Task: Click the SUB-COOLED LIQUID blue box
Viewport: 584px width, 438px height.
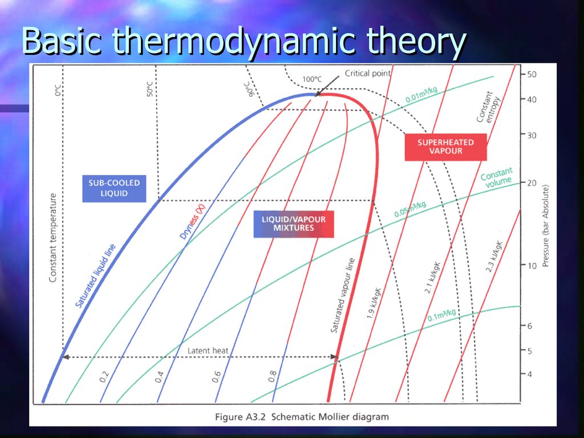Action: click(x=114, y=188)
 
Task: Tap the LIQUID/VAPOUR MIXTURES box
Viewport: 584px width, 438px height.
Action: click(x=294, y=223)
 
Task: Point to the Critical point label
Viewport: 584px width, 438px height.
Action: click(x=368, y=73)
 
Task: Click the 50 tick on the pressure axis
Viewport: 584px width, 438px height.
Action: click(x=531, y=74)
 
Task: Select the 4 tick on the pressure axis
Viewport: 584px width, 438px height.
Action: click(x=530, y=374)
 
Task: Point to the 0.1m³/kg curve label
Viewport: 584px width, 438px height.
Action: click(x=442, y=315)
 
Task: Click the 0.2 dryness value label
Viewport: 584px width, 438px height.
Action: click(x=104, y=376)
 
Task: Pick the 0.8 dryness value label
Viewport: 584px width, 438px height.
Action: click(x=273, y=376)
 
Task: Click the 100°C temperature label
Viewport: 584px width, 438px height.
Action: click(x=313, y=79)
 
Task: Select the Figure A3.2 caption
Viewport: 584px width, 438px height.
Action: click(x=302, y=417)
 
